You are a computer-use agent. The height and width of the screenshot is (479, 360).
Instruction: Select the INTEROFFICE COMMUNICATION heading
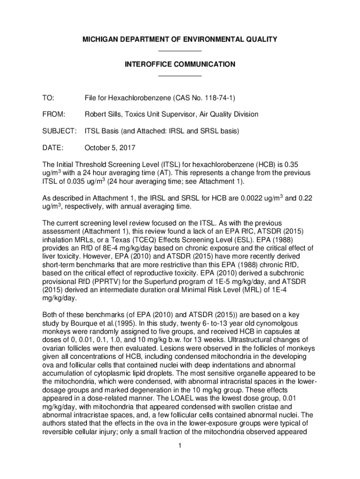point(180,64)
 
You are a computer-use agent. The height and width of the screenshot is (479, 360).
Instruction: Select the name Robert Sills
point(104,114)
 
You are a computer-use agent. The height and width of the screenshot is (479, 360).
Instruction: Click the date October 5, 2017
point(110,148)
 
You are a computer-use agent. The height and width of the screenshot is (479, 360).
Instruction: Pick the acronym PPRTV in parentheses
point(119,282)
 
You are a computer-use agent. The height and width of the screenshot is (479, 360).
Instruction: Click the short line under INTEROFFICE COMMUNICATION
point(180,75)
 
